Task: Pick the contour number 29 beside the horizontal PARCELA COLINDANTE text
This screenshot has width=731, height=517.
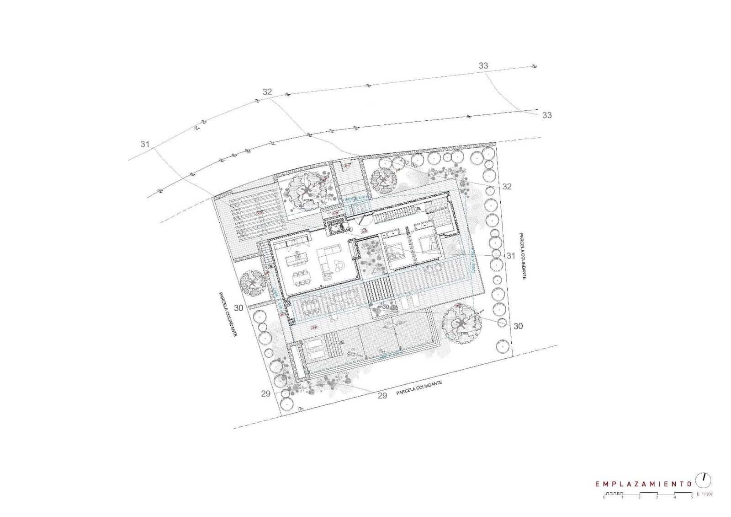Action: [x=382, y=395]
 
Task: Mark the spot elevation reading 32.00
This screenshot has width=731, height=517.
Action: [x=410, y=163]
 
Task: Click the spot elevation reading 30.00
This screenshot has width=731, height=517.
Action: [x=389, y=307]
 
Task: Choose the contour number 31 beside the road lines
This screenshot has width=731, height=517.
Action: [x=145, y=144]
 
